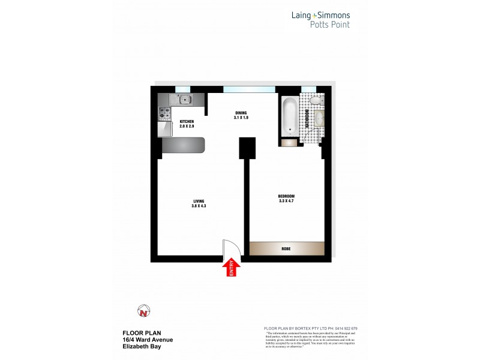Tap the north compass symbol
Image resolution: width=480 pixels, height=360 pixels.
tap(143, 311)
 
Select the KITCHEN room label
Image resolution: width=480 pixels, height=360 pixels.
tap(187, 122)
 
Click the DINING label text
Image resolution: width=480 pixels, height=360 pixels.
tap(241, 113)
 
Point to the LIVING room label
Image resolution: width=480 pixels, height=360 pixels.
tap(199, 201)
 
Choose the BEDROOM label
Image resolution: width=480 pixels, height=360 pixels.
tap(286, 196)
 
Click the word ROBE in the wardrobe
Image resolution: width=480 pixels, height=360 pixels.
tap(286, 248)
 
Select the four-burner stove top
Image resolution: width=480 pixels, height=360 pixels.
tap(164, 112)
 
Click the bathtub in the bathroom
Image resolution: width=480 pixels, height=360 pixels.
tap(290, 116)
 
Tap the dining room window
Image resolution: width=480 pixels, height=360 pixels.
tap(249, 89)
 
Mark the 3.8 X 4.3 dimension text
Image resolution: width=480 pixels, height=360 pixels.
tap(199, 206)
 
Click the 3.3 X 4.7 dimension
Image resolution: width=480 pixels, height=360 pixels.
tap(286, 201)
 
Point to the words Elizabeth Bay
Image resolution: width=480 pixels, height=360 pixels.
tap(140, 347)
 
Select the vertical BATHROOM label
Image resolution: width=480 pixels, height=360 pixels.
tap(307, 118)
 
